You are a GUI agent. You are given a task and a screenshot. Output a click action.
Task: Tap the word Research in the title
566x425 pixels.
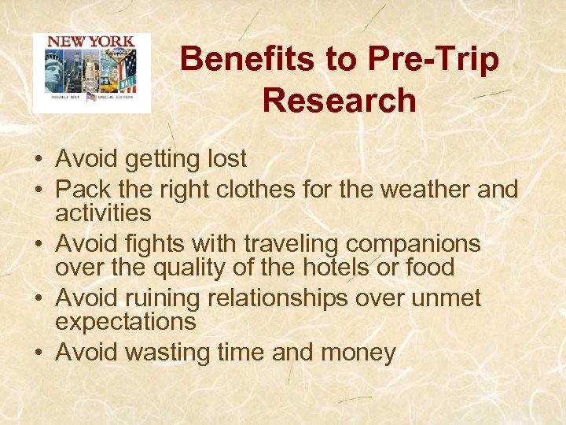(340, 101)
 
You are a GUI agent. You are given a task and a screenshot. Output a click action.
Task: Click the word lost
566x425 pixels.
(226, 159)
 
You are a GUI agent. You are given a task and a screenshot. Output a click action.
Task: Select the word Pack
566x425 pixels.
(82, 189)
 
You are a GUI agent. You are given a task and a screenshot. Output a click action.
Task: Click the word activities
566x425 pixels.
(103, 213)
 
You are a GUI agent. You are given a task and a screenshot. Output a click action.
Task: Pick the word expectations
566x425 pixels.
(126, 321)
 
